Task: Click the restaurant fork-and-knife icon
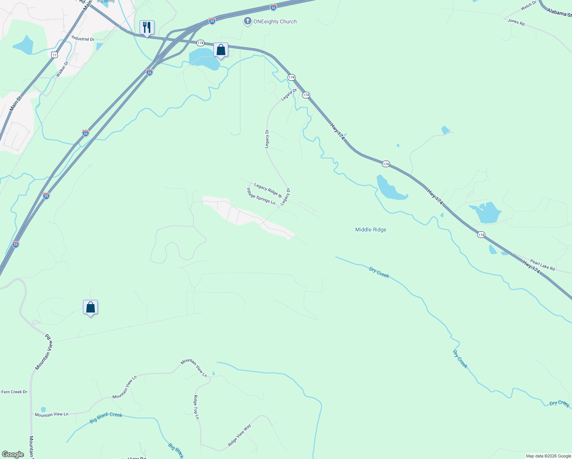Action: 147,28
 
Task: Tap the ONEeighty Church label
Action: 275,22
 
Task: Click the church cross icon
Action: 248,21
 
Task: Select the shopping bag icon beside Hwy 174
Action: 221,50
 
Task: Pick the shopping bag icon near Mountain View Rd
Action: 91,307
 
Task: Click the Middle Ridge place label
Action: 370,229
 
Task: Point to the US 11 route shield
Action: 55,55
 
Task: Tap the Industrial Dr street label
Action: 83,39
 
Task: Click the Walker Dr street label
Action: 62,69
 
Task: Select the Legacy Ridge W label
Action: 268,190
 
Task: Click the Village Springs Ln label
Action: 261,196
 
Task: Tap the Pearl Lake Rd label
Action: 542,265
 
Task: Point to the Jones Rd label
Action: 516,22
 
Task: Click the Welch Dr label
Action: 528,6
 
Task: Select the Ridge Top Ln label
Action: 197,407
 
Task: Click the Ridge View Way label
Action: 239,435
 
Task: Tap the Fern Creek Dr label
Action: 15,392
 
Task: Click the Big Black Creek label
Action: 106,417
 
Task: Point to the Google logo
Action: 13,454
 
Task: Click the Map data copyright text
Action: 548,456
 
